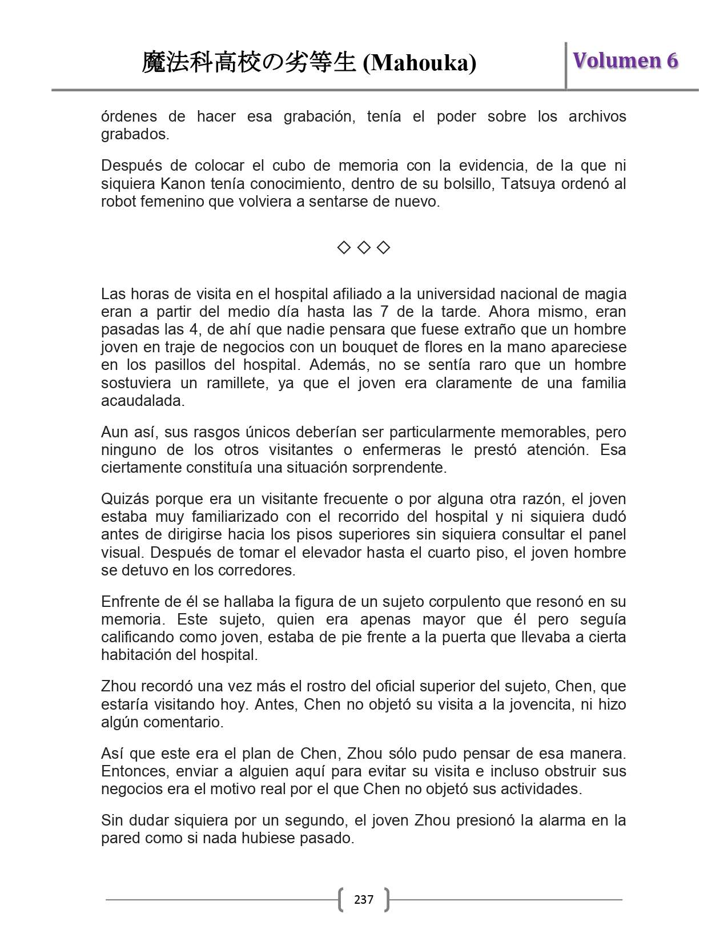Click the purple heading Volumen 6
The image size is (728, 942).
tap(625, 61)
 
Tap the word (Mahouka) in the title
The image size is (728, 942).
tap(420, 63)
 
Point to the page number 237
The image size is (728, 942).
tap(364, 900)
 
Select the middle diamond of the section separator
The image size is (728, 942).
tap(364, 247)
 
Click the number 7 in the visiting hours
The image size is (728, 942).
tap(384, 312)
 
